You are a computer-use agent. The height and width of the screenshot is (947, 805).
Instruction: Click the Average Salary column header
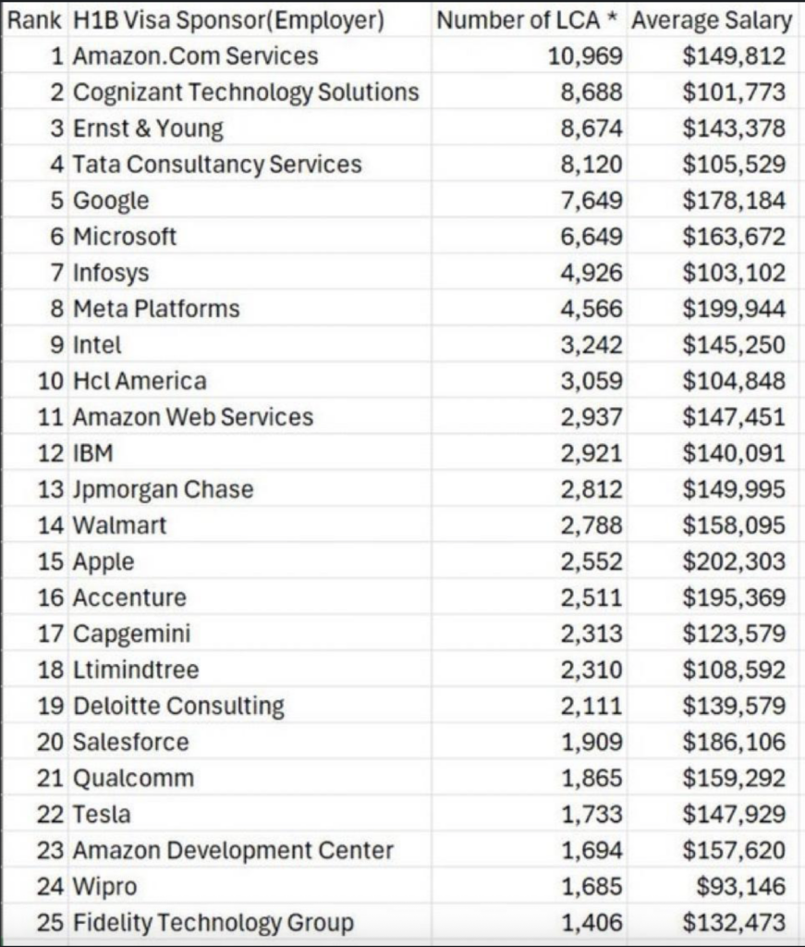711,20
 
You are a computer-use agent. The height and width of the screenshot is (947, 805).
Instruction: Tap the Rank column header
34,20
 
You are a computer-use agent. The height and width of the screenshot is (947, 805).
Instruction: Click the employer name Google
111,201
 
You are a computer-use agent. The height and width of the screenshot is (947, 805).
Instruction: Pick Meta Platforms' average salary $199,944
734,309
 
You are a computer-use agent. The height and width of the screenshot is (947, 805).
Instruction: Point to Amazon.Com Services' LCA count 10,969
585,56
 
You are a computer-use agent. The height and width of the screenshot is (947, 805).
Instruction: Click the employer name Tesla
102,815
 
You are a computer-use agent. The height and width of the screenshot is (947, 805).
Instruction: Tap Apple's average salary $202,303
734,562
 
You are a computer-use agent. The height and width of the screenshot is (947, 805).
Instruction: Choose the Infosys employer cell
111,273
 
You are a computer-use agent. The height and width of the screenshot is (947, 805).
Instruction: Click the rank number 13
50,489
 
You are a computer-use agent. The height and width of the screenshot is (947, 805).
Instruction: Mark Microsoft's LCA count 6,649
592,237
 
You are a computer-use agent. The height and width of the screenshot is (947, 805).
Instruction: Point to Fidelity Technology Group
213,923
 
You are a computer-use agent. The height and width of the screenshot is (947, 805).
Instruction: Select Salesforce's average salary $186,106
734,743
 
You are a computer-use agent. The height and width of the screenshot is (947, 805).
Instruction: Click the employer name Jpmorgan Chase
163,489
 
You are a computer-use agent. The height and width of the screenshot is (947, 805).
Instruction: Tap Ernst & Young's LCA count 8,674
592,129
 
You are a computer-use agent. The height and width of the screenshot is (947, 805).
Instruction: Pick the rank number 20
50,743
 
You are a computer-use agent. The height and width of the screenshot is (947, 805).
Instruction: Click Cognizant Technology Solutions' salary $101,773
734,92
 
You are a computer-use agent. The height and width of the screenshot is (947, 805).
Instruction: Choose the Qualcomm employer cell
133,779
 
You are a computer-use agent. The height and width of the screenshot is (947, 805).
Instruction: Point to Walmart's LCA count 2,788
592,526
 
